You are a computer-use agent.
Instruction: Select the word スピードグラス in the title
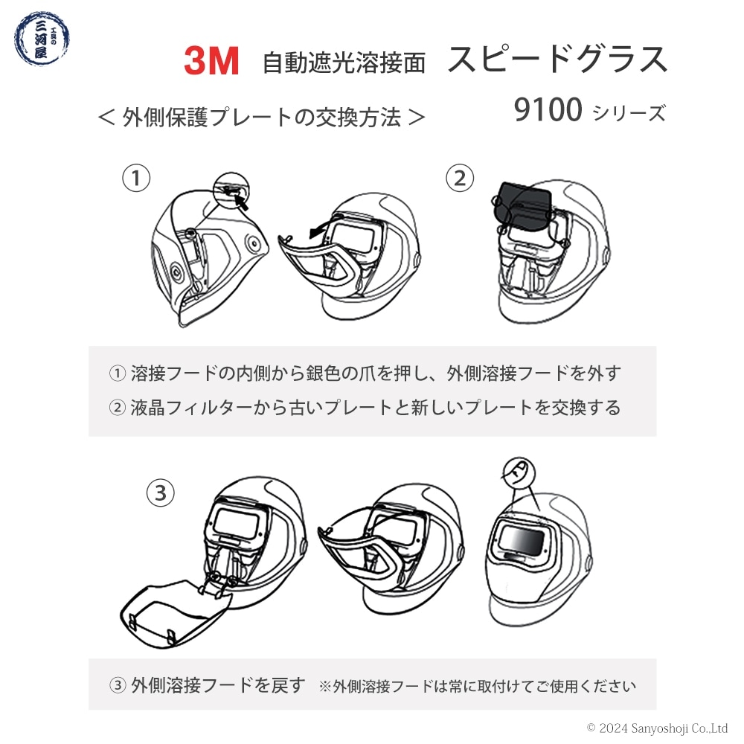point(557,60)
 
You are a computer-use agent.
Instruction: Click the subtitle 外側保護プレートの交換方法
point(261,117)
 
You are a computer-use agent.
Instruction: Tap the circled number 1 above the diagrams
point(136,178)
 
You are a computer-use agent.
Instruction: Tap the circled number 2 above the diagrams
point(459,178)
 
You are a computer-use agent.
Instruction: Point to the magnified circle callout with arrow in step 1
point(232,190)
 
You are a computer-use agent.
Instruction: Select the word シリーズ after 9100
point(628,113)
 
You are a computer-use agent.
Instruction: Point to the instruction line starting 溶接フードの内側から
point(365,373)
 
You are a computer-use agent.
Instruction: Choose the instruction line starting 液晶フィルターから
point(365,408)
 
